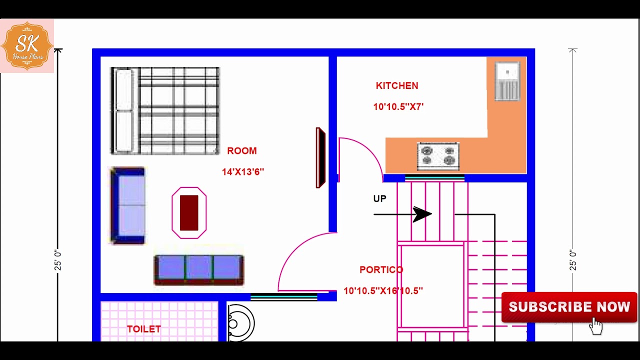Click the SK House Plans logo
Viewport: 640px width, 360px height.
click(x=27, y=46)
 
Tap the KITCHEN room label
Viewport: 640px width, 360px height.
click(x=397, y=85)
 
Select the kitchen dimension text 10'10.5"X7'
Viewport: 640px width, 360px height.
click(x=398, y=107)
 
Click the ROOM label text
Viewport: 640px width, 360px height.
click(x=242, y=151)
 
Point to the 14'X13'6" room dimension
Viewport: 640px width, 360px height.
click(x=243, y=172)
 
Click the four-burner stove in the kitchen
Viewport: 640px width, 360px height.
click(x=438, y=156)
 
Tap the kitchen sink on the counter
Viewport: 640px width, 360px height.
click(x=507, y=81)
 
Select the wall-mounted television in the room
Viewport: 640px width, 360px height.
click(x=320, y=157)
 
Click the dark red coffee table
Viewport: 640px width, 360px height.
click(x=189, y=213)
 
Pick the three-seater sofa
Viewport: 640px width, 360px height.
click(x=199, y=270)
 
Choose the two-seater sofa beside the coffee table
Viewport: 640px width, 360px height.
click(x=127, y=205)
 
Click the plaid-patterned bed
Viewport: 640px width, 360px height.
click(x=165, y=111)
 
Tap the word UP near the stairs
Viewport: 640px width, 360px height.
click(x=379, y=198)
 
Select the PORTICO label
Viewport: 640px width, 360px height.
click(x=381, y=269)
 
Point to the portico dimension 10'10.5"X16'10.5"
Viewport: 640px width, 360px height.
click(x=383, y=291)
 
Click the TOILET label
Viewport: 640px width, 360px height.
click(x=144, y=329)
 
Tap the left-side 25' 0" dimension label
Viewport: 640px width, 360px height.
click(x=57, y=260)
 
